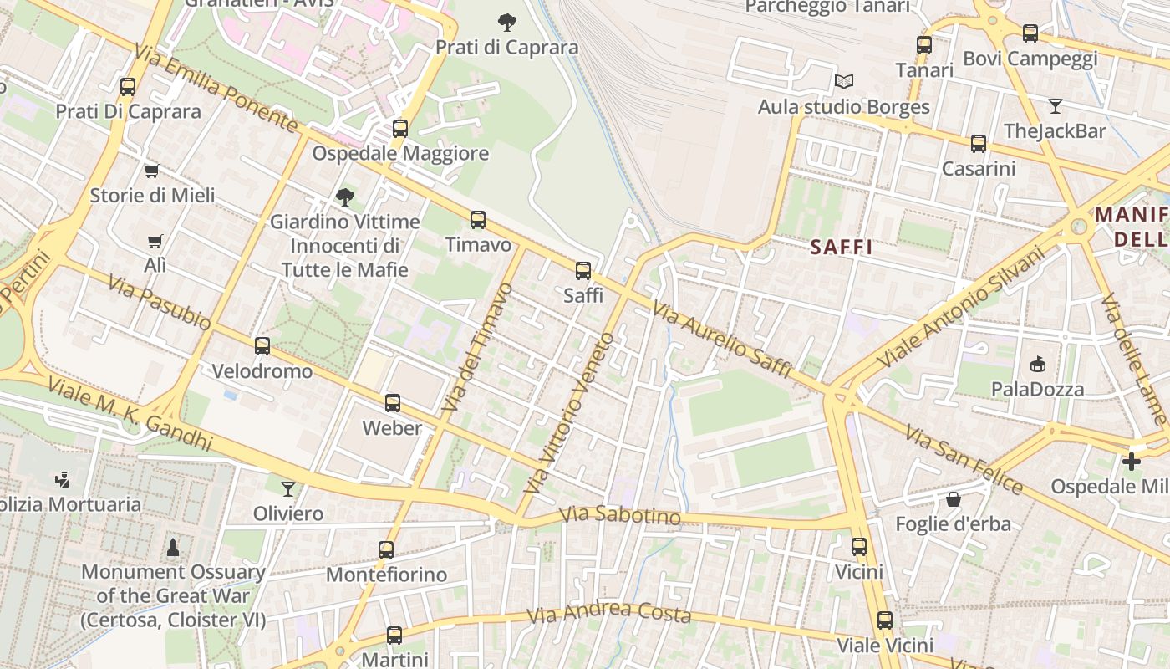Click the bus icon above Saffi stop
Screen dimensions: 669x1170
[x=583, y=271]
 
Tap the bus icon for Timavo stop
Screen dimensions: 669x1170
[x=477, y=220]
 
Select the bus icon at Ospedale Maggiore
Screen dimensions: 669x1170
[x=400, y=129]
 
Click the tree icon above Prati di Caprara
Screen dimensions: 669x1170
[x=506, y=22]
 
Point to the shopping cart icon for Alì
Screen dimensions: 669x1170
[x=155, y=241]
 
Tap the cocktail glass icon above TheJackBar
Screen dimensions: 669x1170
[x=1055, y=106]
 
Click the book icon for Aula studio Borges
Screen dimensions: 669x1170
[x=844, y=82]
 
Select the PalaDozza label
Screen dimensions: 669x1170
[x=1037, y=389]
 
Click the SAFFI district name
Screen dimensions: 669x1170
[x=842, y=247]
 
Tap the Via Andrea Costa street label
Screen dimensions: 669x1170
[x=609, y=614]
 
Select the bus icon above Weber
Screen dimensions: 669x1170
[x=393, y=403]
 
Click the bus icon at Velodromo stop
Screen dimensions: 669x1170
[x=262, y=346]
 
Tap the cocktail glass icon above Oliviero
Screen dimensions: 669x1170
[x=288, y=488]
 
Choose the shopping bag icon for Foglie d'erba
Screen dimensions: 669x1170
[x=953, y=499]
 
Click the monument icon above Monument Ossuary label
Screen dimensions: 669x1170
[x=173, y=548]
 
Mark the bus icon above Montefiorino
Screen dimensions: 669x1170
[x=385, y=550]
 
